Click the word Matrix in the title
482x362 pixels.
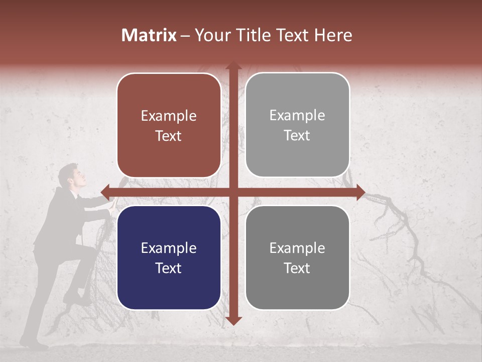149,35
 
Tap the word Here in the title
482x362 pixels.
333,35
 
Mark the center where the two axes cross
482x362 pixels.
233,192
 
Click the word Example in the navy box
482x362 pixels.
168,248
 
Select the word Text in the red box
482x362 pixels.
168,136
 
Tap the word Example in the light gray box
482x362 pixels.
297,115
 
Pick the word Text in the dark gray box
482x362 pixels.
297,268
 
